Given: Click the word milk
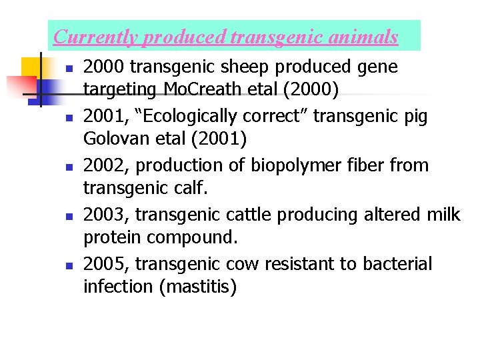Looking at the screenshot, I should click(443, 214).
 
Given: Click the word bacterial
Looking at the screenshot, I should click(397, 263).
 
